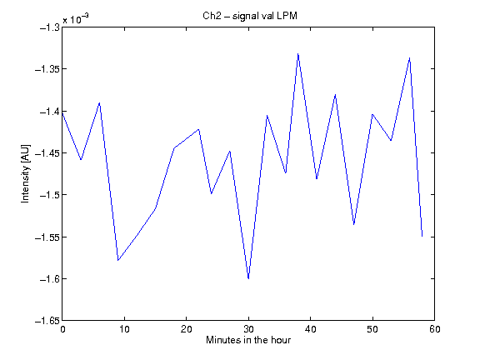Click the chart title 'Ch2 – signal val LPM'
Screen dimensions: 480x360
250,16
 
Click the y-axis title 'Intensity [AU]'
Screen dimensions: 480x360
25,173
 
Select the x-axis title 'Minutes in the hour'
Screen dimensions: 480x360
248,340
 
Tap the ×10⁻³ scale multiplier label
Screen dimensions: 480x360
76,19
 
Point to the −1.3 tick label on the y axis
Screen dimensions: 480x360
49,27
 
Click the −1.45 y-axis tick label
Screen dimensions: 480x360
47,152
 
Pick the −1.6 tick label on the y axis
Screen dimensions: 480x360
49,278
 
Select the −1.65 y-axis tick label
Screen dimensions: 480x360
47,321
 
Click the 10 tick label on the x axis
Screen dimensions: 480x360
124,329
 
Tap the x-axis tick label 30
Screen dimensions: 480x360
248,329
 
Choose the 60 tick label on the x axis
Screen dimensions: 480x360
434,329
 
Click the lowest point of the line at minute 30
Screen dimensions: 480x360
248,278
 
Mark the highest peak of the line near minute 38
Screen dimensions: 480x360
297,54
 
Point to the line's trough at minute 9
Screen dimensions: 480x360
118,261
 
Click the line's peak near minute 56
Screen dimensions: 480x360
410,57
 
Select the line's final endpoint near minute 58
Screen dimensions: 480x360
422,237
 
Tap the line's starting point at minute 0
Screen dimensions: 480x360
62,112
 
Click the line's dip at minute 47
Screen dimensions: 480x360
354,225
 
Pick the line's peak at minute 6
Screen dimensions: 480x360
99,102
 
